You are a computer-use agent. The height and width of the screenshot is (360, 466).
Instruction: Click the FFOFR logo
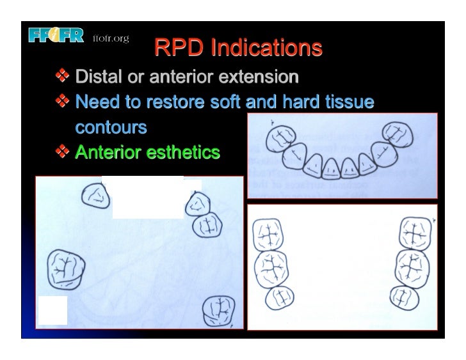(56, 36)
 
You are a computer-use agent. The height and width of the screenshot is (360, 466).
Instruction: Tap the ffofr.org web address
(111, 38)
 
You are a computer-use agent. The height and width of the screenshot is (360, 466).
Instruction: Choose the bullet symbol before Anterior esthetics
(63, 152)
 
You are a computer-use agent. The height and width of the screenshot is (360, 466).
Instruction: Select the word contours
(111, 127)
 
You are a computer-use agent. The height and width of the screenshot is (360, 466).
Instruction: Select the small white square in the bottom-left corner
(52, 311)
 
